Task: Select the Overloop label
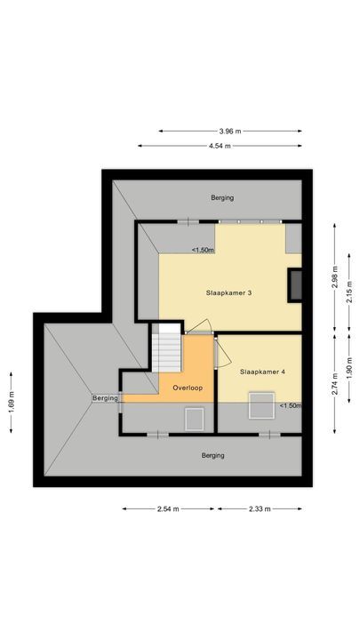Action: (x=188, y=388)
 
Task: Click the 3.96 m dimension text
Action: (x=230, y=132)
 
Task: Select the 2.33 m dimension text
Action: (x=260, y=509)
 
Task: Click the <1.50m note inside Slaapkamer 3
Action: (x=203, y=250)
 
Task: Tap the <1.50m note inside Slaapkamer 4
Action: (x=290, y=406)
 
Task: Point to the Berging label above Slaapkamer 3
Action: (x=221, y=197)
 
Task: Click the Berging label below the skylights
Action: (x=212, y=455)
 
